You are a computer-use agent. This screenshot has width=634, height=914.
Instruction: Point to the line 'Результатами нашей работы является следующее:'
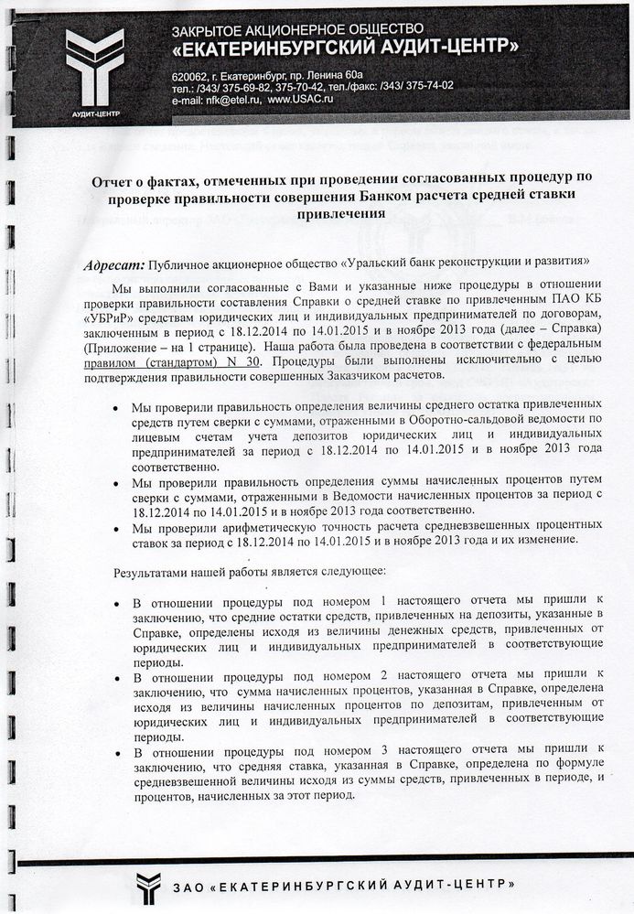249,572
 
